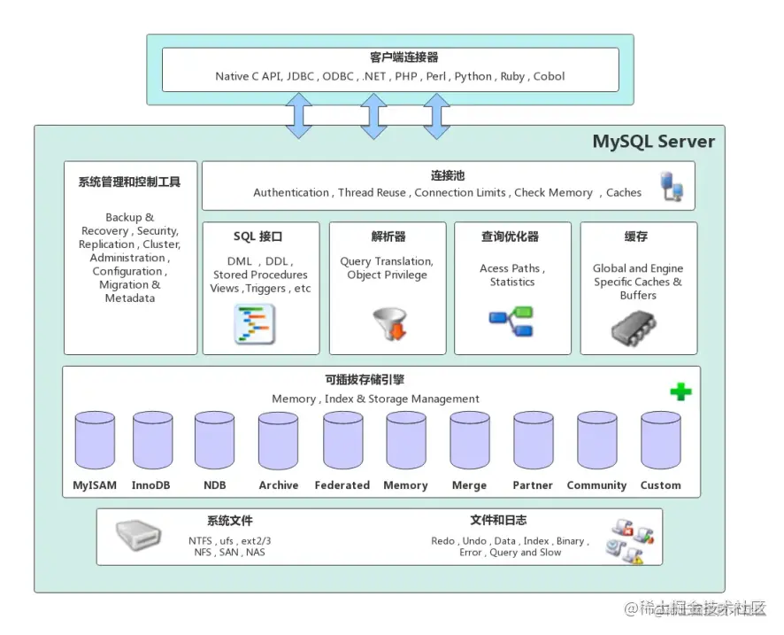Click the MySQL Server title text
(x=653, y=142)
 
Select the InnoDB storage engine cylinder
(x=152, y=440)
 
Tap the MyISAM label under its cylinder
(x=94, y=485)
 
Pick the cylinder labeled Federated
(x=342, y=440)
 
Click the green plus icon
(x=680, y=391)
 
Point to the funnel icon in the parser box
(x=390, y=325)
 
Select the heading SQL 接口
(x=257, y=236)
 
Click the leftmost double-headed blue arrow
(x=299, y=115)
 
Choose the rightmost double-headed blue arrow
(x=437, y=115)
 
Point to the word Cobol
(x=549, y=76)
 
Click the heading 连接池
(x=448, y=176)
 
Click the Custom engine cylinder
(x=660, y=440)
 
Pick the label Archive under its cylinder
(x=279, y=485)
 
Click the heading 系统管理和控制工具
(x=129, y=182)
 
